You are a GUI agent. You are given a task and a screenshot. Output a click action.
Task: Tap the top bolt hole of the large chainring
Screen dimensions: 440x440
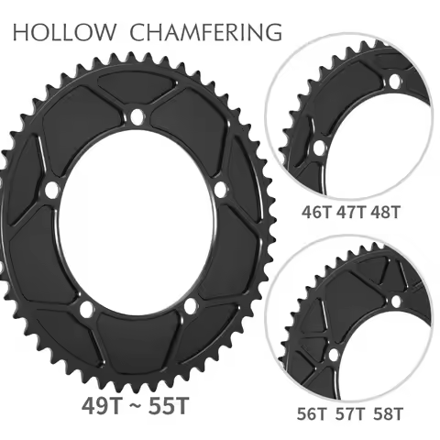(136, 116)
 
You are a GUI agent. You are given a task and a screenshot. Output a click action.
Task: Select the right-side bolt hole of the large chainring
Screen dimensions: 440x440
(220, 188)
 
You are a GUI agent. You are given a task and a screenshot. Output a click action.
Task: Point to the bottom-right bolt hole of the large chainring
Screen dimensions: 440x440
(190, 305)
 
